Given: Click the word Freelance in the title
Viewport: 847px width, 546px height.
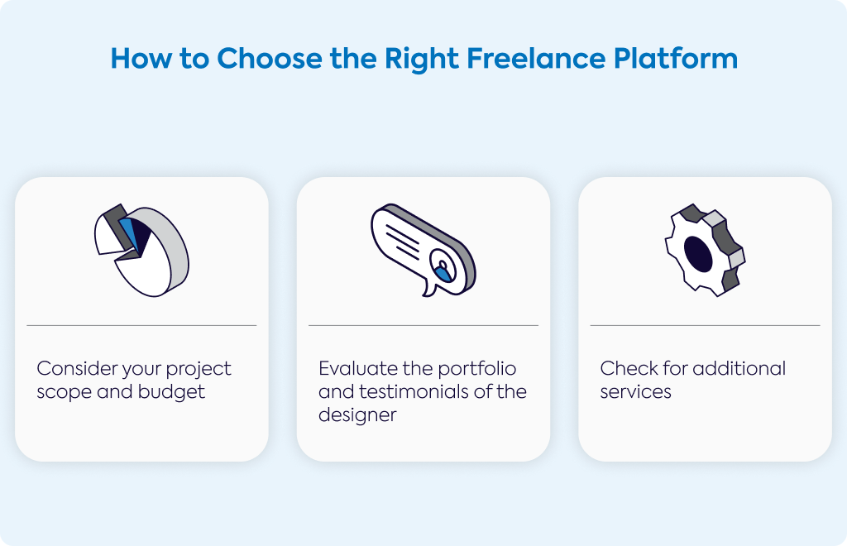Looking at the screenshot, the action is (535, 59).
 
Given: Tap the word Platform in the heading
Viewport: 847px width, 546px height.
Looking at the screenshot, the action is (676, 59).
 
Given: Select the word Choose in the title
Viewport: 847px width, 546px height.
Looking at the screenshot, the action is (270, 59).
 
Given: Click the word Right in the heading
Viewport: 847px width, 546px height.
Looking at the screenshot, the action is (421, 60).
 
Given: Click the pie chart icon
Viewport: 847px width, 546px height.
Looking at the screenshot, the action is (141, 250).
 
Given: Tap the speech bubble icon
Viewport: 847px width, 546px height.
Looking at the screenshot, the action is (423, 250).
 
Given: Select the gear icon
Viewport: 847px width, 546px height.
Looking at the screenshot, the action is (705, 250).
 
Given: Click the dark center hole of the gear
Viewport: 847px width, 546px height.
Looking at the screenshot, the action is (698, 254).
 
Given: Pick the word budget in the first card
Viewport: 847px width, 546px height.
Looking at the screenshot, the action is (171, 392).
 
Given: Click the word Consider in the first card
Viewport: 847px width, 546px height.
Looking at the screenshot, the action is (77, 368).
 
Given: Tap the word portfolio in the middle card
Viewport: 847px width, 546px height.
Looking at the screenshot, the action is (477, 369).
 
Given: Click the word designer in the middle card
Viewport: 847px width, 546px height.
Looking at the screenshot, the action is (357, 415).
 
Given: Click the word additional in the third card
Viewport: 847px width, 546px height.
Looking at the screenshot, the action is (739, 368).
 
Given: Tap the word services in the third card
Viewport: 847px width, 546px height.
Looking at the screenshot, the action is (635, 392).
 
